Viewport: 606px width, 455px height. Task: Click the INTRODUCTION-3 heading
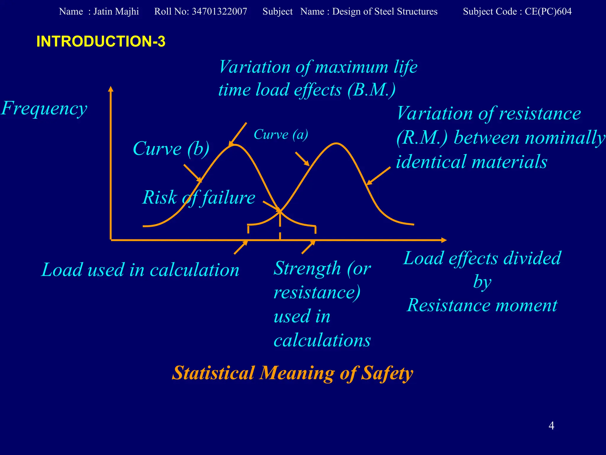pos(101,41)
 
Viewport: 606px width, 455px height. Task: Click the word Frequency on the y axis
pos(44,108)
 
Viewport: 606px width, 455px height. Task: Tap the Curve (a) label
pos(281,135)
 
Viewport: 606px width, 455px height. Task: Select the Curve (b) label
pos(171,148)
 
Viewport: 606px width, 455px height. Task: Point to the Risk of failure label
pos(199,198)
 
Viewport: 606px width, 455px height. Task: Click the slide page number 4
pos(551,426)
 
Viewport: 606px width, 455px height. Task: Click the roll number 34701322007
pos(219,12)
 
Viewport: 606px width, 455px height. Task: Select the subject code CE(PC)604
pos(548,12)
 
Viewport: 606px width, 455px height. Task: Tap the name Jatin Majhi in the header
pos(116,12)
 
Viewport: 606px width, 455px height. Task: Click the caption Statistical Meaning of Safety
pos(292,373)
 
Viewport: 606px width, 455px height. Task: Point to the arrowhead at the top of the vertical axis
pos(111,89)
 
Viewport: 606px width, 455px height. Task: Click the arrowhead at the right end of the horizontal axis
pos(444,240)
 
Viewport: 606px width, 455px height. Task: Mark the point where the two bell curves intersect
pos(280,211)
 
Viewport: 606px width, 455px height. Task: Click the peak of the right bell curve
pos(336,143)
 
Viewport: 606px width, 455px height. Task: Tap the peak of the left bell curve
pos(234,145)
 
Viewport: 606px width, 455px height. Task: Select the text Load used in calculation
pos(140,270)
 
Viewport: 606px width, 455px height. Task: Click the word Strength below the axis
pos(307,268)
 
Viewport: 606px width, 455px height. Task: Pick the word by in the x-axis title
pos(482,282)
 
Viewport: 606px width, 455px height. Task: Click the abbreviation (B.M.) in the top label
pos(371,90)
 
